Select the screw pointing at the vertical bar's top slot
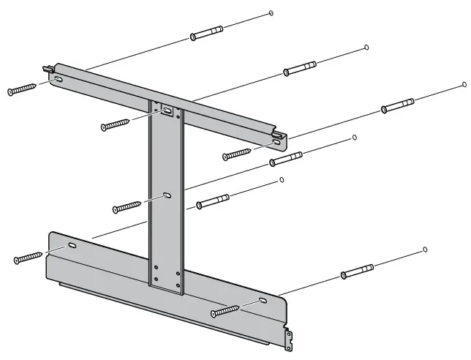[116, 124]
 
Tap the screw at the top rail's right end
[238, 154]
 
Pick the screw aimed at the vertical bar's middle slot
[127, 208]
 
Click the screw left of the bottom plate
[28, 258]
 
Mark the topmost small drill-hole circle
[271, 12]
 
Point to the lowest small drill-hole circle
[425, 250]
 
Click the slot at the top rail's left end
[57, 77]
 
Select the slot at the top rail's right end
[276, 143]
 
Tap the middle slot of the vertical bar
[167, 195]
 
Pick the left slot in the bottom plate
[72, 247]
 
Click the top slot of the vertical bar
[167, 110]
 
